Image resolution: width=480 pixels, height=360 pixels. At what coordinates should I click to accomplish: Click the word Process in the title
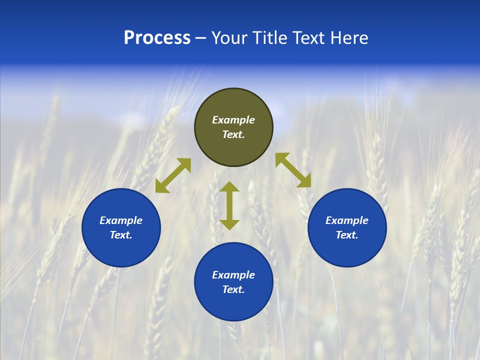point(157,38)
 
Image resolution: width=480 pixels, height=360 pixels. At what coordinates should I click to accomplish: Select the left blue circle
point(121,250)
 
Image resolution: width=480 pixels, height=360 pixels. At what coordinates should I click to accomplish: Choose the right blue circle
point(347,250)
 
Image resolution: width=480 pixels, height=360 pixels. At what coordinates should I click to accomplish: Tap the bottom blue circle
point(233,305)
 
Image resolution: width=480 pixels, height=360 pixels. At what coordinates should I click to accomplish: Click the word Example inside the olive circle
point(233,120)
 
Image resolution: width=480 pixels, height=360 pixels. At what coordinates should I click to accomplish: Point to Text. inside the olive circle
point(233,134)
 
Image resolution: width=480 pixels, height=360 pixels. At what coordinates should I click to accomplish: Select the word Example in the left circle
point(121,220)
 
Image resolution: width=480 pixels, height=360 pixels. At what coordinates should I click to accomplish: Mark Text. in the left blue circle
point(121,235)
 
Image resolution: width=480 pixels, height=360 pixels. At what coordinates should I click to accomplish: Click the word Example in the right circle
point(347,220)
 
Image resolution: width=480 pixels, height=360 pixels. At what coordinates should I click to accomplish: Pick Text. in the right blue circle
point(347,235)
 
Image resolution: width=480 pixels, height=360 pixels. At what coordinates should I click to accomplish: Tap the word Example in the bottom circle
point(233,275)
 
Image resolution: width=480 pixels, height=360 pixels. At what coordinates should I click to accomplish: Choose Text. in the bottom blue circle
point(233,289)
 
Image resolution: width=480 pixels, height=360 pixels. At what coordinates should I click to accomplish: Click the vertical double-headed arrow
point(229,205)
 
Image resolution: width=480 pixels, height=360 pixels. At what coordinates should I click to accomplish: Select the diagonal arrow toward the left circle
point(173,175)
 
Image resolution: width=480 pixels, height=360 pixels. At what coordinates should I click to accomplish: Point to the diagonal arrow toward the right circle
point(293,170)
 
